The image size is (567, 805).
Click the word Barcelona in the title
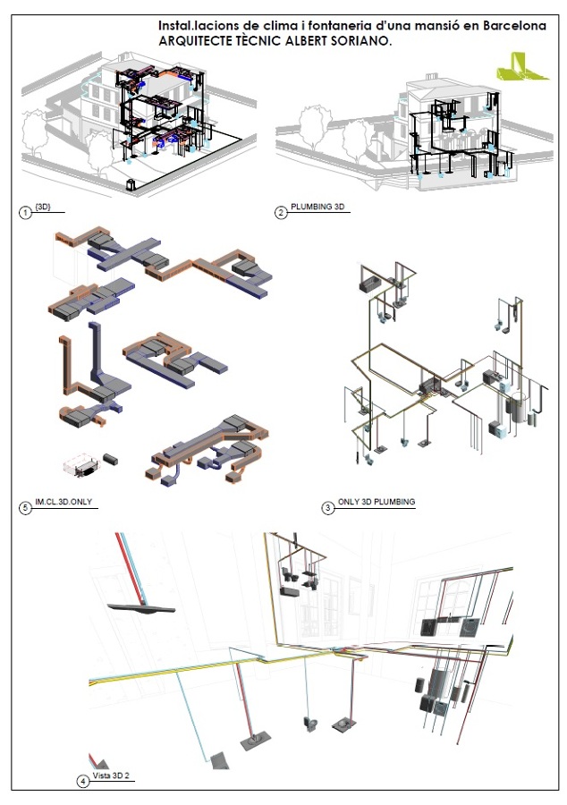[x=515, y=27]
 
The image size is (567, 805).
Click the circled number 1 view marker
[x=26, y=212]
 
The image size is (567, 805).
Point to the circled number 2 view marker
[x=281, y=212]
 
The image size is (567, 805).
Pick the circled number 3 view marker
[x=327, y=507]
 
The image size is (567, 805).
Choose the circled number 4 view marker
[x=83, y=781]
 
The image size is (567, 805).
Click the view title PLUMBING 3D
[x=317, y=208]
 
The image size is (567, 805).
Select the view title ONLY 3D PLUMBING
[x=376, y=503]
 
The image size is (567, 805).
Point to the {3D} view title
[x=43, y=208]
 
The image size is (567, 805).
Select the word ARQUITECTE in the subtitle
[x=193, y=41]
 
